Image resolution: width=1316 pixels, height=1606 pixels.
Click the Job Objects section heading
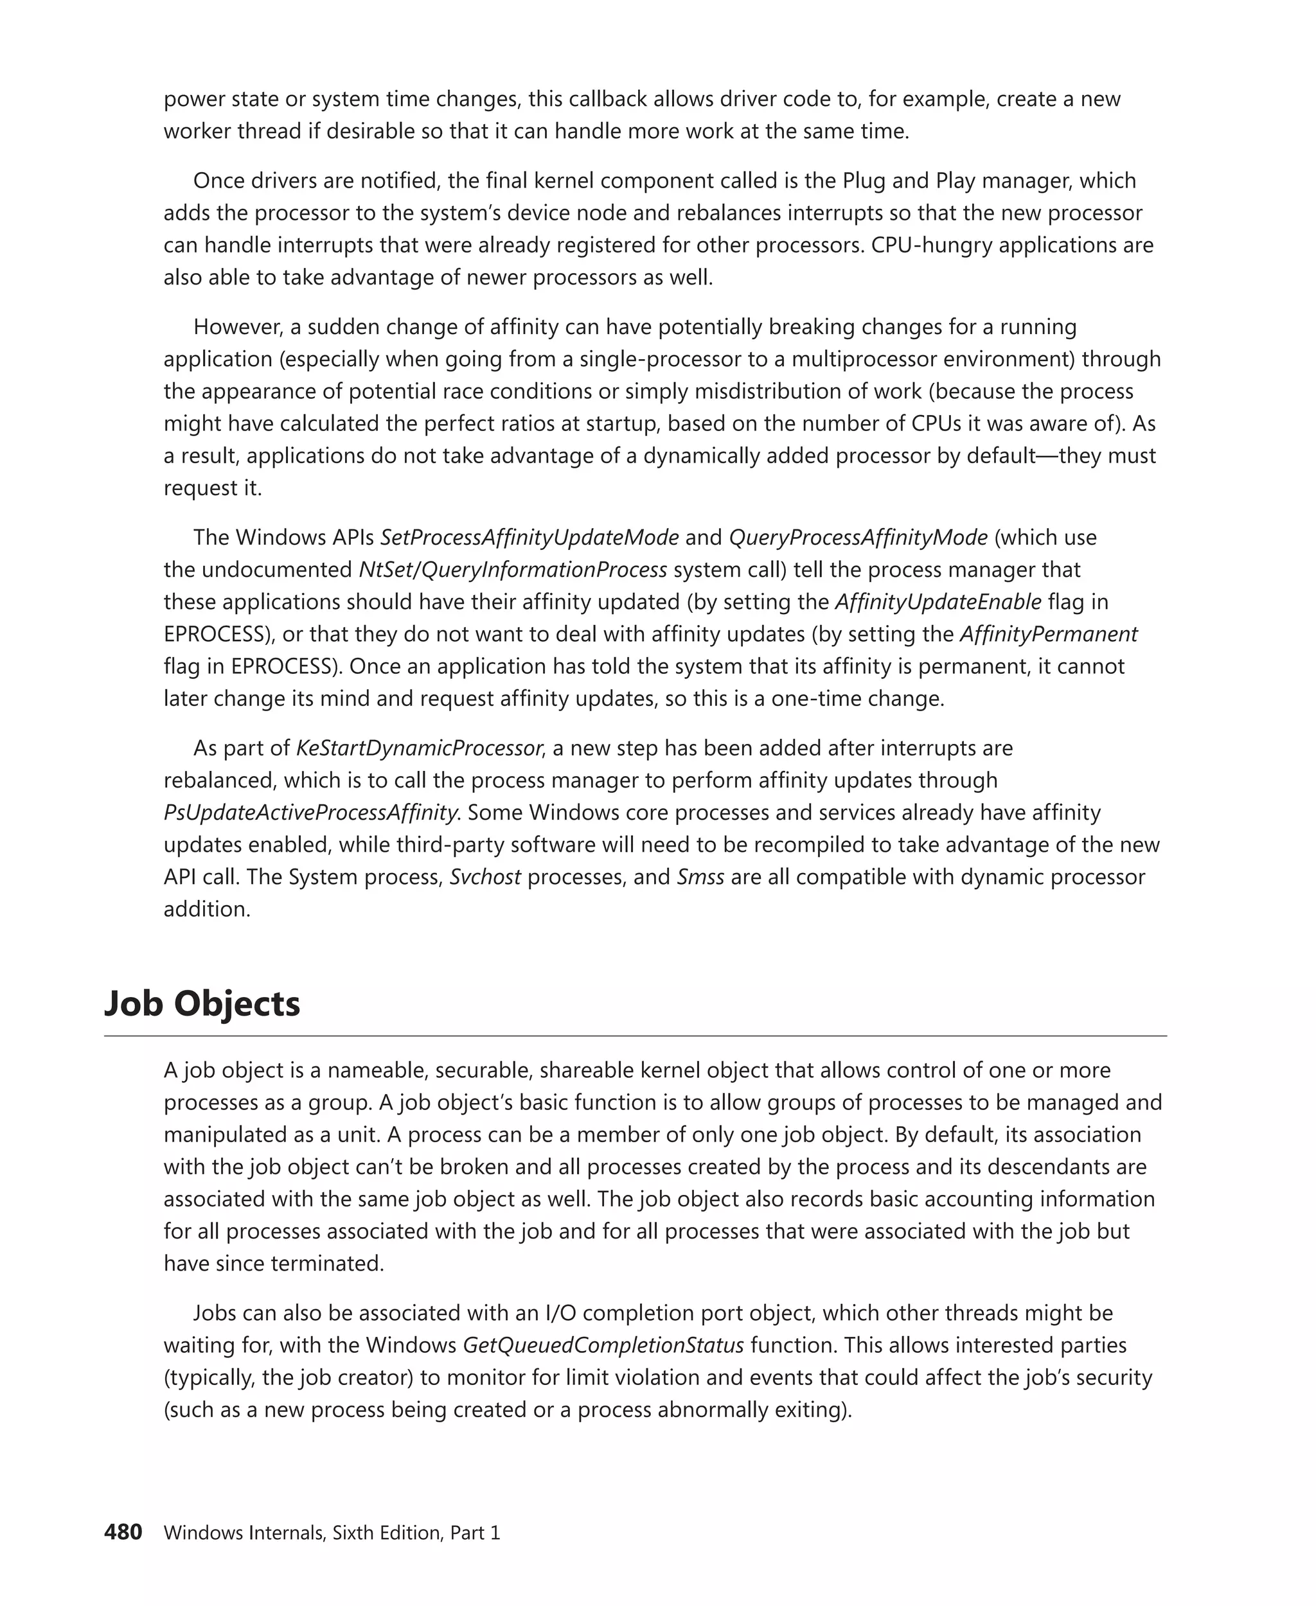click(202, 1003)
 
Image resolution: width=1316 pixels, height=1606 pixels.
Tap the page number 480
click(123, 1531)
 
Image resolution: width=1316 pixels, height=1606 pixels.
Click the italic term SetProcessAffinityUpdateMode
click(529, 537)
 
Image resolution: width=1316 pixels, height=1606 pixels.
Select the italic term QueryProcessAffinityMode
click(858, 537)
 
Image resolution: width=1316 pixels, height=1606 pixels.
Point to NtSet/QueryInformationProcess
click(512, 569)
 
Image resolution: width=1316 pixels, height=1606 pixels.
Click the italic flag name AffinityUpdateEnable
click(938, 602)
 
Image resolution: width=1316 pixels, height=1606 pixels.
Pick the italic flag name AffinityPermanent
click(1049, 633)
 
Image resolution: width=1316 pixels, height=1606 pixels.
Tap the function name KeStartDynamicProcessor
click(418, 748)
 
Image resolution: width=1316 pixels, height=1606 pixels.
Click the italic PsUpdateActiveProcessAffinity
click(311, 813)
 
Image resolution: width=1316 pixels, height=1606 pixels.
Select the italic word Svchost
click(485, 877)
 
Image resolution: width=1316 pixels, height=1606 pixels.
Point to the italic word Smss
click(700, 877)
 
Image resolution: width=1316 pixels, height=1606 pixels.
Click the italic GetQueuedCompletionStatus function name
click(603, 1345)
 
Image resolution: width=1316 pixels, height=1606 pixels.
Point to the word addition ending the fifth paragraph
click(206, 909)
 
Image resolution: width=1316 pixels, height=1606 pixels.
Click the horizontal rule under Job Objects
click(636, 1036)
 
